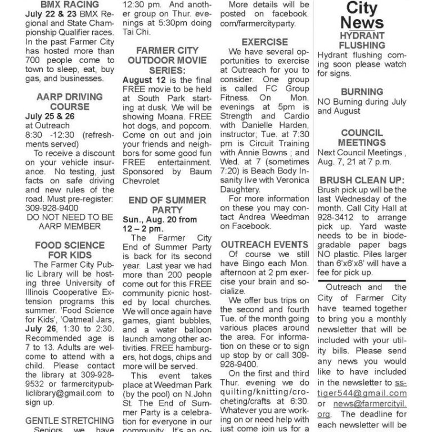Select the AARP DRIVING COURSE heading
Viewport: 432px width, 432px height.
click(69, 101)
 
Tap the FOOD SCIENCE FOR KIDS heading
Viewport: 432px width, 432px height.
click(69, 250)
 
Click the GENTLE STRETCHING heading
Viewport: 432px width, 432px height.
click(69, 420)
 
